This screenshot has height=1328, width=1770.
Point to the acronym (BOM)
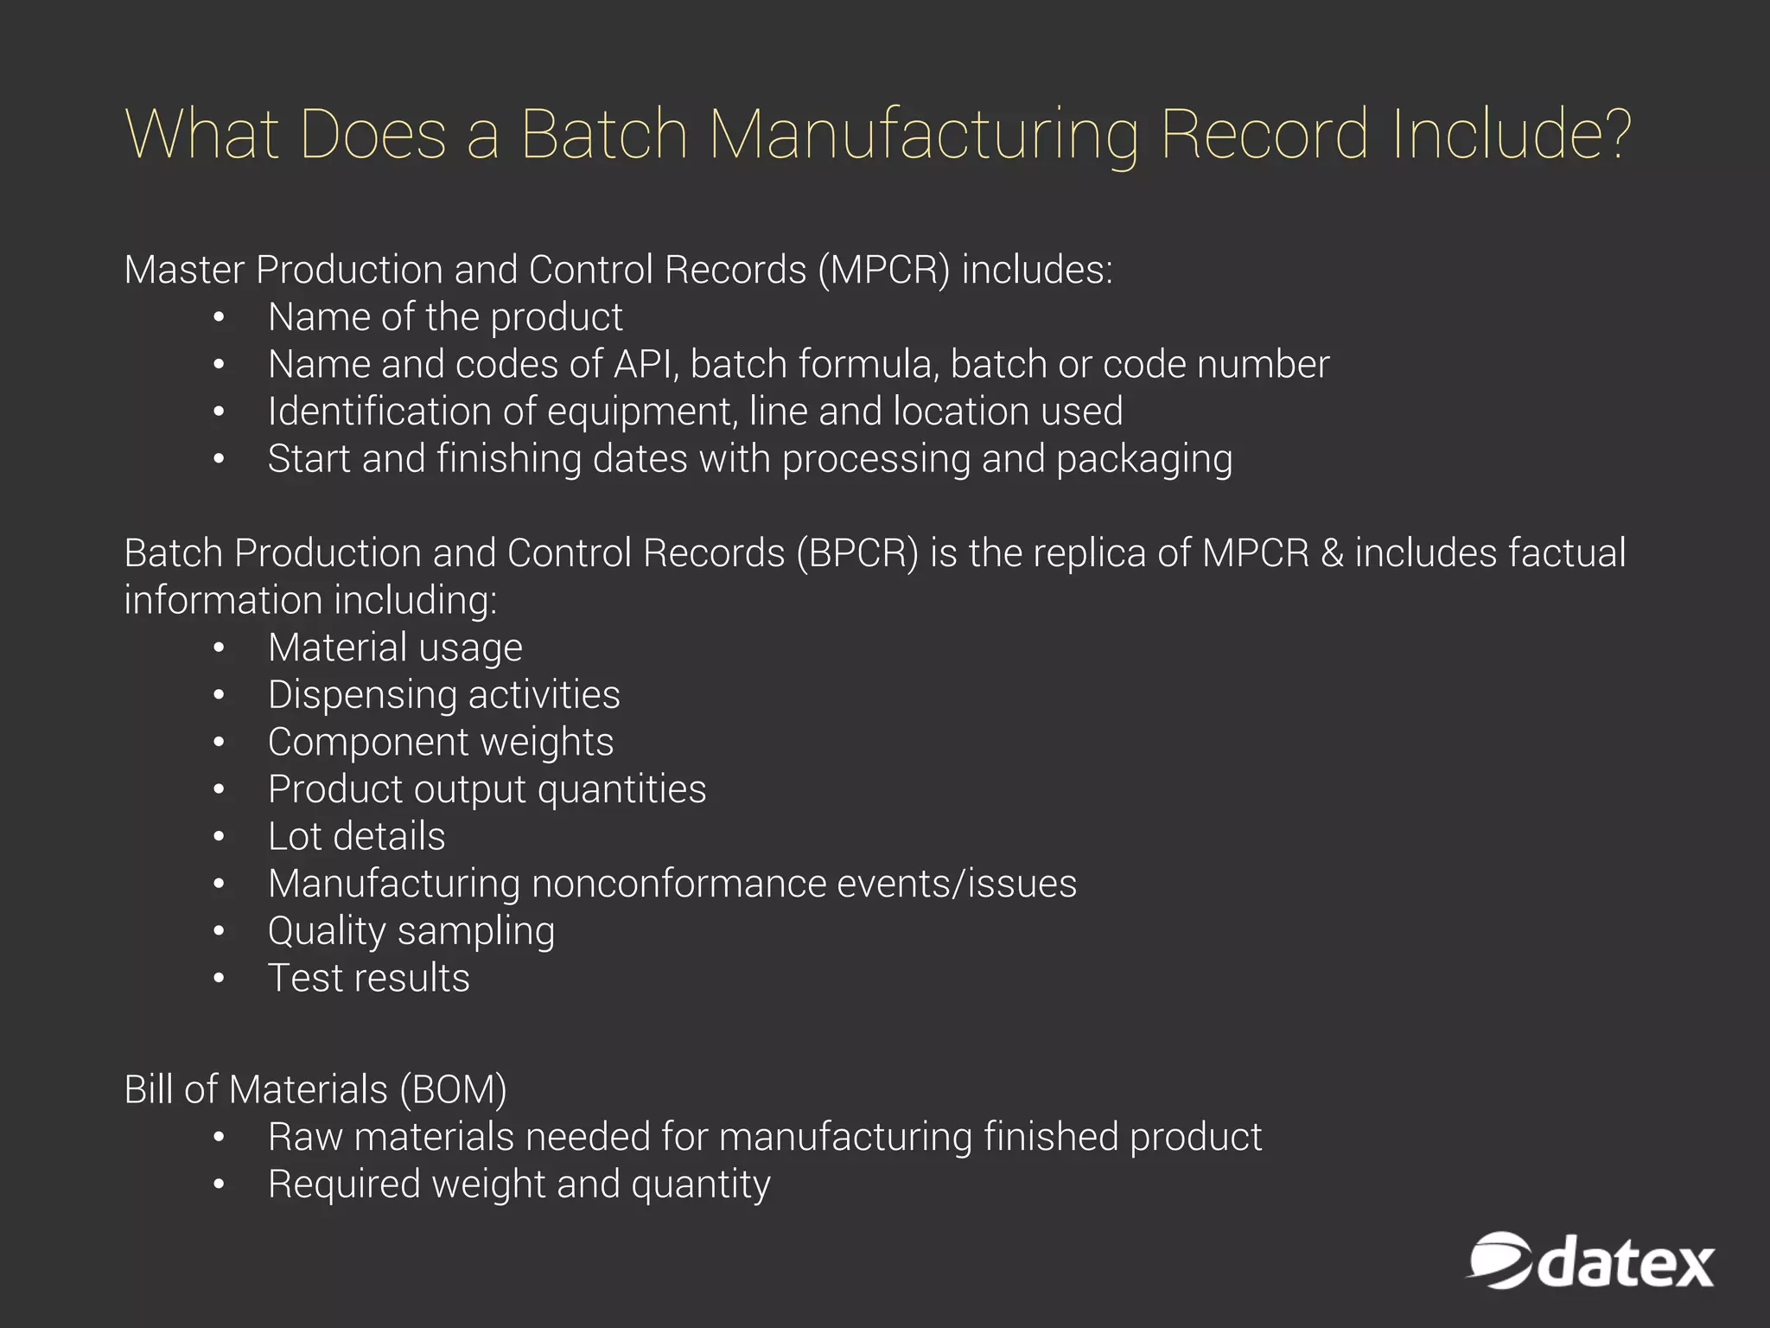tap(453, 1089)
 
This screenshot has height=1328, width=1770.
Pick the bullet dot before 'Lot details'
tap(220, 837)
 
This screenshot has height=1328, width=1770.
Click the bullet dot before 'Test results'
tap(220, 979)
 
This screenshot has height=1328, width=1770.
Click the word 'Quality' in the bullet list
tap(327, 931)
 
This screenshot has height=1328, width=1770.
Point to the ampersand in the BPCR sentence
tap(1332, 553)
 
